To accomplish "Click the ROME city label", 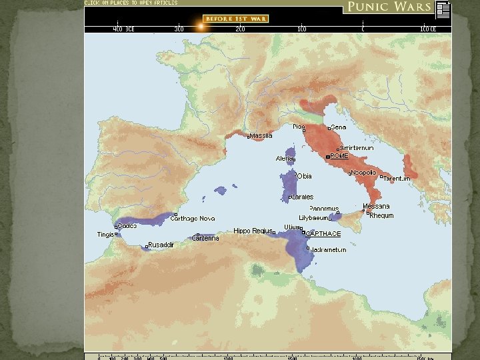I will click(339, 156).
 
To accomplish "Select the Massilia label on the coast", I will click(261, 136).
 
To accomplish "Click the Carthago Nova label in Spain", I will click(193, 218).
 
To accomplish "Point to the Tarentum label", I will click(397, 179).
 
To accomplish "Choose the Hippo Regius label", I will click(252, 231).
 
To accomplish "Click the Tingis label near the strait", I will click(105, 234).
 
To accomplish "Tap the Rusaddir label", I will click(161, 245).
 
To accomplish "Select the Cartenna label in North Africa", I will click(205, 238).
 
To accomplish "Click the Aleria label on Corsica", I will click(285, 159).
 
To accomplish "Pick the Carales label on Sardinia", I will click(302, 197).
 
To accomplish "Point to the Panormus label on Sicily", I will click(324, 209).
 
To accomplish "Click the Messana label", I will click(376, 207).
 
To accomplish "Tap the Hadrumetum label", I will click(329, 250).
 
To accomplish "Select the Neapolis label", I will click(363, 173).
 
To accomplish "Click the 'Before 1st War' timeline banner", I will click(235, 19).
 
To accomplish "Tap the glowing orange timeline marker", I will click(199, 27).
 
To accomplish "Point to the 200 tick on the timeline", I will click(239, 29).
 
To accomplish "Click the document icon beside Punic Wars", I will click(443, 9).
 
